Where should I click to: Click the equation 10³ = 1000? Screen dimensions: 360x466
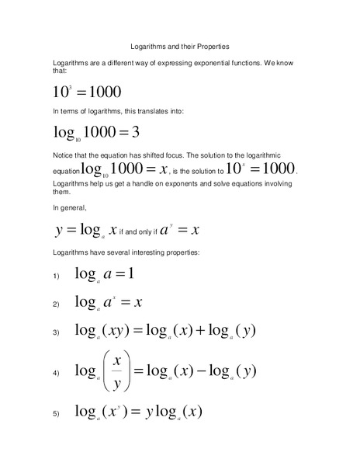click(87, 92)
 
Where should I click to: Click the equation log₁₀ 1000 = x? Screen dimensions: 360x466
click(125, 169)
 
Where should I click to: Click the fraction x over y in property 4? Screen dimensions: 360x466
click(116, 371)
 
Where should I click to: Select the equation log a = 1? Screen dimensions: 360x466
click(105, 273)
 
